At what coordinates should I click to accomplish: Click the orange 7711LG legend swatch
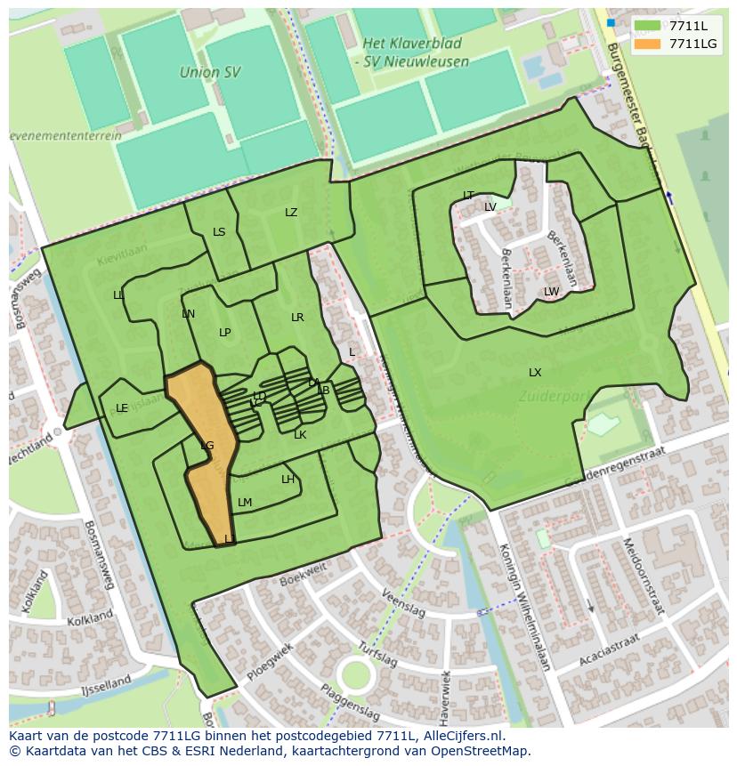click(x=649, y=44)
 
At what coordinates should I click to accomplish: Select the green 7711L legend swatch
click(x=649, y=26)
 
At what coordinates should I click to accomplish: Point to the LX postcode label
click(x=535, y=373)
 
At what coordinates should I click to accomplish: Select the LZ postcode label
click(x=291, y=213)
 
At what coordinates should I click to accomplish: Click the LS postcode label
click(x=219, y=232)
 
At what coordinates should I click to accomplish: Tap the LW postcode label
click(x=551, y=292)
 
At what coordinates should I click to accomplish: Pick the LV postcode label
click(x=490, y=207)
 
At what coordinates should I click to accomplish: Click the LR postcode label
click(x=297, y=318)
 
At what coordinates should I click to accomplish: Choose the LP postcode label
click(x=225, y=333)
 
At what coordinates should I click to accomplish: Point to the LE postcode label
click(x=122, y=408)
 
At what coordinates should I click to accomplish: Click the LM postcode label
click(x=245, y=503)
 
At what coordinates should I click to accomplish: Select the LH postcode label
click(x=288, y=480)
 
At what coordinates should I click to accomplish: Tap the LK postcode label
click(x=300, y=435)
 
